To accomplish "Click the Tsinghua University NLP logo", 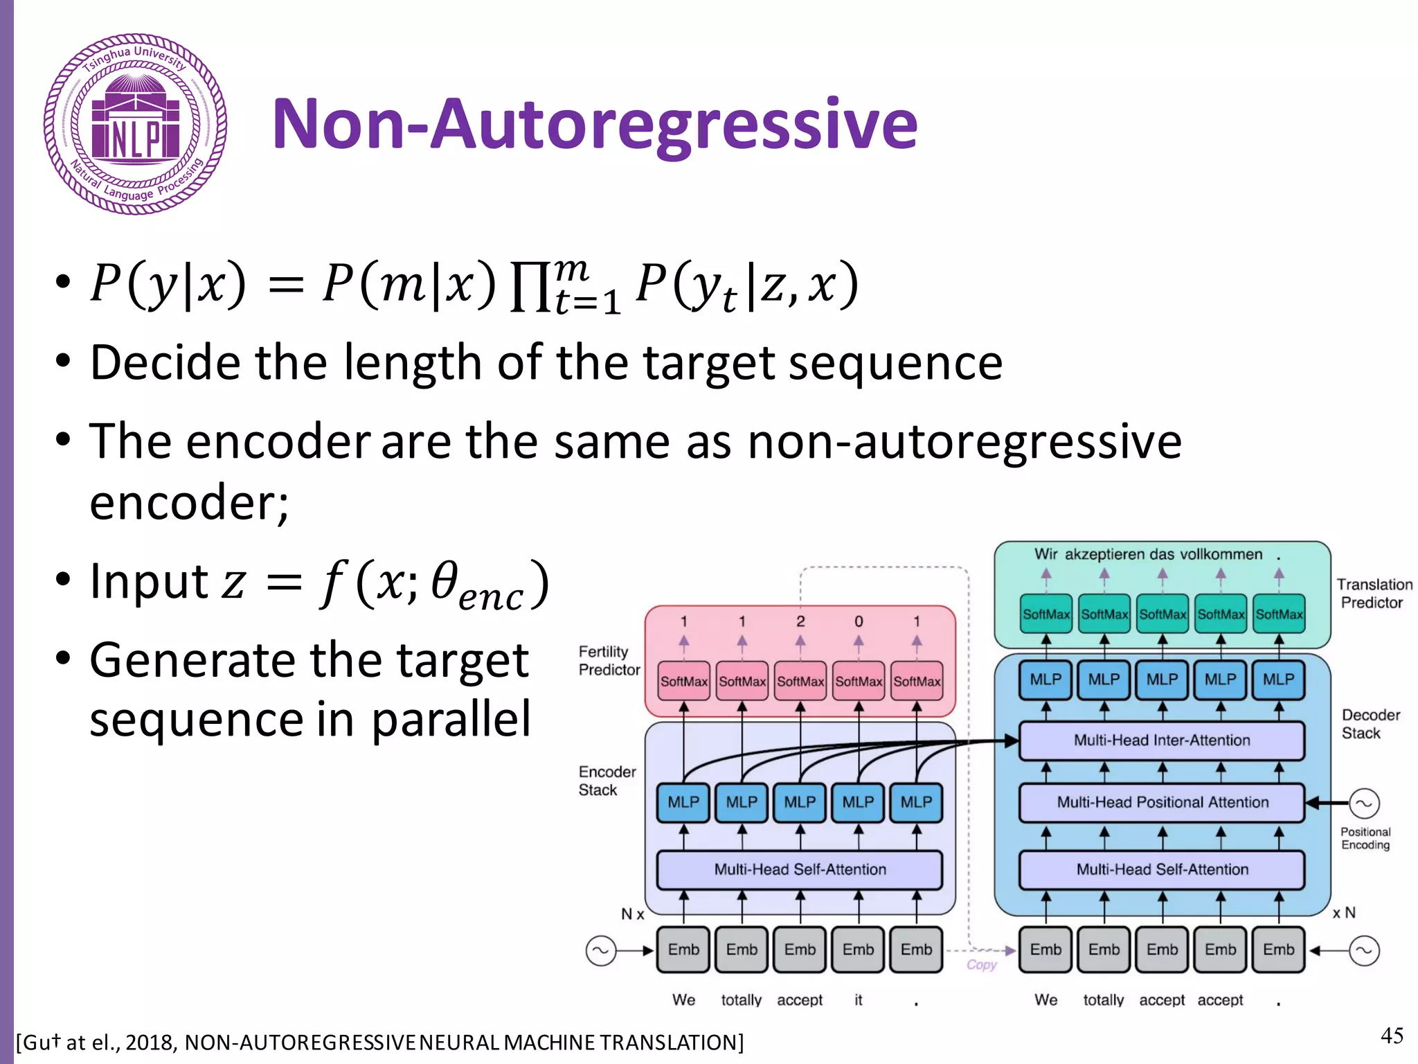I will pos(135,124).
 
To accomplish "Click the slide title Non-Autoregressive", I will pos(595,124).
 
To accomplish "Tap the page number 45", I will pos(1392,1036).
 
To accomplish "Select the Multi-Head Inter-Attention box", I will pos(1162,741).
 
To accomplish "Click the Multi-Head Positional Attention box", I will pos(1162,802).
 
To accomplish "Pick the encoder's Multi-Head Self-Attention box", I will pos(800,869).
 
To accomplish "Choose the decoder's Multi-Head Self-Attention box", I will pos(1162,869).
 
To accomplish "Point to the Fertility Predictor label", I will pos(609,661).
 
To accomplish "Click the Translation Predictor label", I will pos(1374,594).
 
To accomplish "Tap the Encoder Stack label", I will pos(607,781).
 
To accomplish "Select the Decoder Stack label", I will pos(1370,724).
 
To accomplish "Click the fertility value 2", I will pos(800,621).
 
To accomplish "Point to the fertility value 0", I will pos(859,621).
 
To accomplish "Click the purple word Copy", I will pos(981,964).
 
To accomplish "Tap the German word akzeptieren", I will pos(1115,554).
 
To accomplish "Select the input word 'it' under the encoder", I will pos(859,1000).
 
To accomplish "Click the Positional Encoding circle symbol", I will pos(1364,804).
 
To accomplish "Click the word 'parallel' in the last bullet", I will pos(451,718).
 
